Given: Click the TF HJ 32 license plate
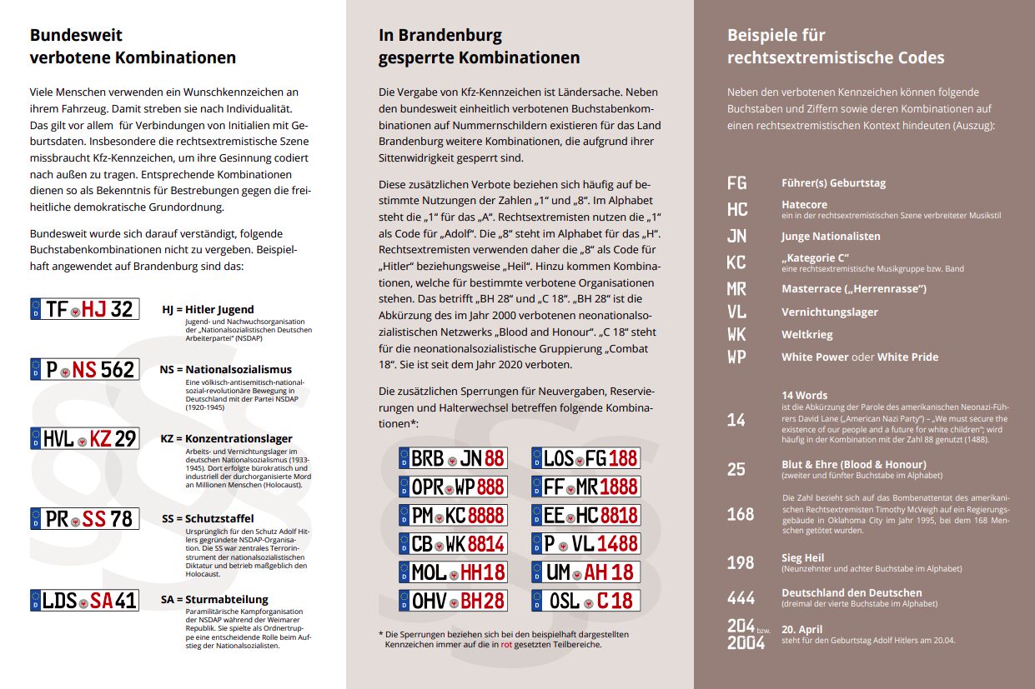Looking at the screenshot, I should pyautogui.click(x=84, y=309).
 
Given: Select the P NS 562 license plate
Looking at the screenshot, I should pyautogui.click(x=84, y=369).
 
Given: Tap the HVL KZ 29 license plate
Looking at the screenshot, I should pyautogui.click(x=84, y=438).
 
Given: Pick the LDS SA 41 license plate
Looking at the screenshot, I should pyautogui.click(x=84, y=600).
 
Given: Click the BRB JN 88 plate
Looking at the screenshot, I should pyautogui.click(x=453, y=457).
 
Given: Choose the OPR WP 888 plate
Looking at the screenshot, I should pyautogui.click(x=453, y=486).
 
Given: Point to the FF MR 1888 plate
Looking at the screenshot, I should pyautogui.click(x=585, y=486).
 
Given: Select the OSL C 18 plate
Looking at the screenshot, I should pyautogui.click(x=585, y=600).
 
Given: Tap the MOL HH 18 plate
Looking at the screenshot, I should pyautogui.click(x=453, y=572).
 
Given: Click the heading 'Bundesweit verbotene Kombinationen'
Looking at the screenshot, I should pyautogui.click(x=133, y=47).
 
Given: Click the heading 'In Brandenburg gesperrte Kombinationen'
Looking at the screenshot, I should pyautogui.click(x=479, y=47).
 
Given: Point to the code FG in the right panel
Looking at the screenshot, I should pyautogui.click(x=737, y=183).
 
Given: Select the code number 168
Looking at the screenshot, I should pyautogui.click(x=741, y=514).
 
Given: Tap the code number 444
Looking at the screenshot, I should pyautogui.click(x=741, y=597).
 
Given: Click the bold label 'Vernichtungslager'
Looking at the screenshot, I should pyautogui.click(x=829, y=312).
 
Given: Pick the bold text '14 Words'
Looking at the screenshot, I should pyautogui.click(x=804, y=396).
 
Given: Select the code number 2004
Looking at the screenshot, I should pyautogui.click(x=746, y=642).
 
